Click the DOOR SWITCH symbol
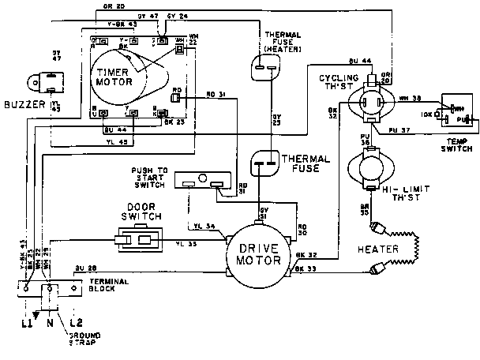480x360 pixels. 139,240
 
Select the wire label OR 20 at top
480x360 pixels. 114,6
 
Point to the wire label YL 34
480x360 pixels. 204,227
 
